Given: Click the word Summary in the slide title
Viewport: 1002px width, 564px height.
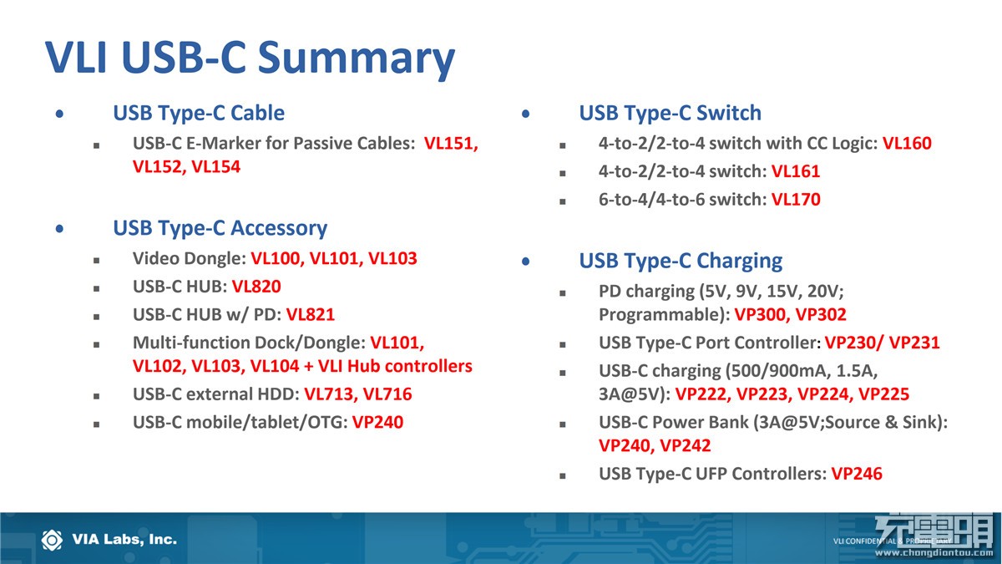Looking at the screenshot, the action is (x=357, y=58).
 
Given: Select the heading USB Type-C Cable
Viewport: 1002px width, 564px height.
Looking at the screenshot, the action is (x=199, y=114).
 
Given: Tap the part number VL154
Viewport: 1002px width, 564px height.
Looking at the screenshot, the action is (x=216, y=166).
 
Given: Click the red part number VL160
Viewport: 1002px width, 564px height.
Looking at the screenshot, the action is (x=907, y=143).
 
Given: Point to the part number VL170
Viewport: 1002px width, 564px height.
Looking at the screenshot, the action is (x=797, y=199).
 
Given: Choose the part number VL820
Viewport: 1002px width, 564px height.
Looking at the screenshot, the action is (x=256, y=287).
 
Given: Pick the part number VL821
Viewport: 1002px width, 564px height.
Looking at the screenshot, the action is (x=311, y=314).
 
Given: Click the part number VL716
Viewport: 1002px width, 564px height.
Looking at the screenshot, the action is (x=387, y=394).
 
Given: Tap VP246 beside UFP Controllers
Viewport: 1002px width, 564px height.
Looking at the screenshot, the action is (x=857, y=474).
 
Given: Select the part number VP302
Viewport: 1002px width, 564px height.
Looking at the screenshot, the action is (x=822, y=314).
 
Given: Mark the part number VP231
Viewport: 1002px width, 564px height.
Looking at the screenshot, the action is (x=914, y=343).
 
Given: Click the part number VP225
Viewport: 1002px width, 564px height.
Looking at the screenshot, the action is (x=884, y=394).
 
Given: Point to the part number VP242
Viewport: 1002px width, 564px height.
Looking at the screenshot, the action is (x=686, y=445).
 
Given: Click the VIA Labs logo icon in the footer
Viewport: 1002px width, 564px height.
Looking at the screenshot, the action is (x=53, y=540).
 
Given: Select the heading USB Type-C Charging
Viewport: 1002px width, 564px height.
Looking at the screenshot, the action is (x=681, y=261).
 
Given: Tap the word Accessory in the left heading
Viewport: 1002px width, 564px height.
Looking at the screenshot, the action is (x=279, y=228).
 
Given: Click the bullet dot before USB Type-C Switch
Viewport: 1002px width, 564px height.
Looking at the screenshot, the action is (x=525, y=114).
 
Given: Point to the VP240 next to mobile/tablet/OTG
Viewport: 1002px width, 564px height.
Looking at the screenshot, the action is (x=377, y=422).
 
